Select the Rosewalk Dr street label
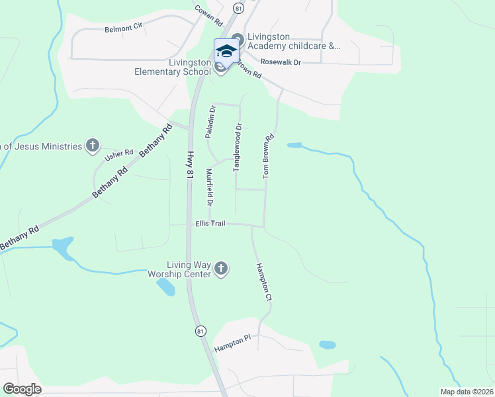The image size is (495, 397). click(x=281, y=62)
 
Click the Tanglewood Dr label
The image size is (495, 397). click(x=238, y=148)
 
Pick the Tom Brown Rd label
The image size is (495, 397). click(x=268, y=157)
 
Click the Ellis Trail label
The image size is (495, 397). click(x=210, y=224)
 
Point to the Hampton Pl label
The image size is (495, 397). click(x=232, y=343)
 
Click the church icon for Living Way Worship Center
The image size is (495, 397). click(x=221, y=269)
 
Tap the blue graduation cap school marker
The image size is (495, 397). click(x=226, y=51)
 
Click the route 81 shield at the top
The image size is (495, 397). click(x=238, y=8)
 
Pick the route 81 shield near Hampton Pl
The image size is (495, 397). click(x=201, y=331)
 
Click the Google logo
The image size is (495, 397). click(x=22, y=389)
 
